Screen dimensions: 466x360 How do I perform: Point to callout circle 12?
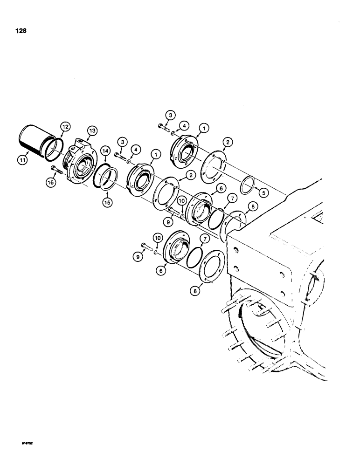64,126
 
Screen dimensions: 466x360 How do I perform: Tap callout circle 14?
105,152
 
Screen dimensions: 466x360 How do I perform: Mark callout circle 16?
52,184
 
